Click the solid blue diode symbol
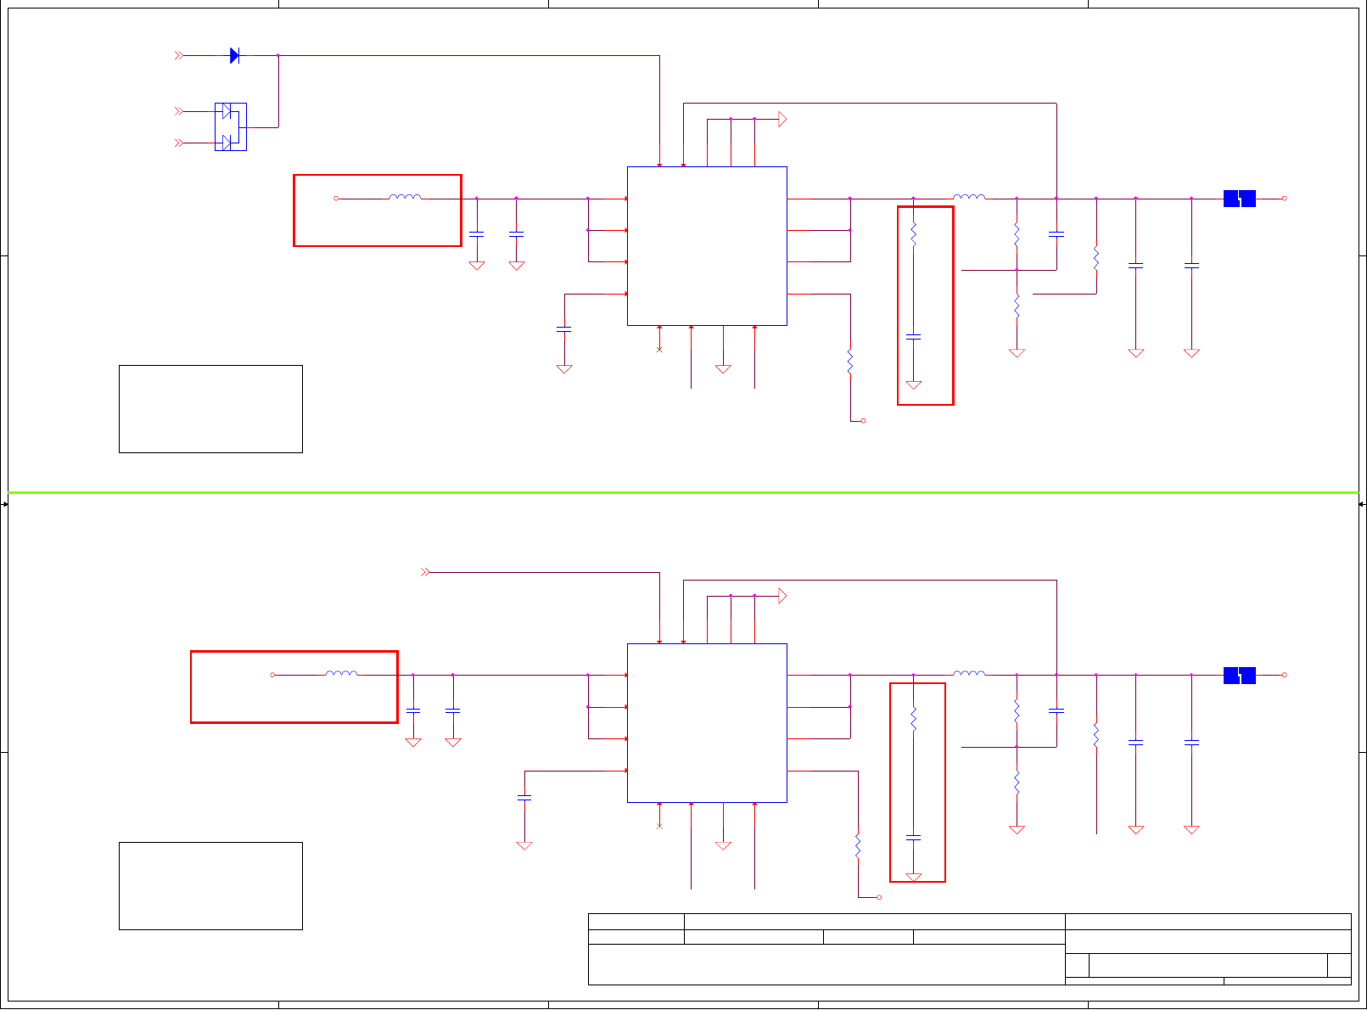(x=234, y=56)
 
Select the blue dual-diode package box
(x=231, y=126)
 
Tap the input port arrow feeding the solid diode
(x=179, y=55)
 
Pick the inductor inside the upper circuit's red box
(x=405, y=198)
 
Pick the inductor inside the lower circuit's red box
(x=341, y=674)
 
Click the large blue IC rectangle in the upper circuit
(x=707, y=246)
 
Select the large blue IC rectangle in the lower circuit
(x=707, y=723)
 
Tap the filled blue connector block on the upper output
(x=1239, y=199)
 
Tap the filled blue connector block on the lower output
(x=1239, y=676)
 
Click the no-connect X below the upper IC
(x=659, y=350)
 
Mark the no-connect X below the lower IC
(x=659, y=826)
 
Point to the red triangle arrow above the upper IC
(x=782, y=120)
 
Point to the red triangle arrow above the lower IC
(x=782, y=597)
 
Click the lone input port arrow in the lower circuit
(x=426, y=572)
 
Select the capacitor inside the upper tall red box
(x=913, y=337)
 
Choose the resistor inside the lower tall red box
(x=913, y=720)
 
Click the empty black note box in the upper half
(x=210, y=409)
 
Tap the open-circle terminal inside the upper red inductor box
(x=336, y=199)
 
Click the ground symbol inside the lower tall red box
(x=913, y=877)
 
